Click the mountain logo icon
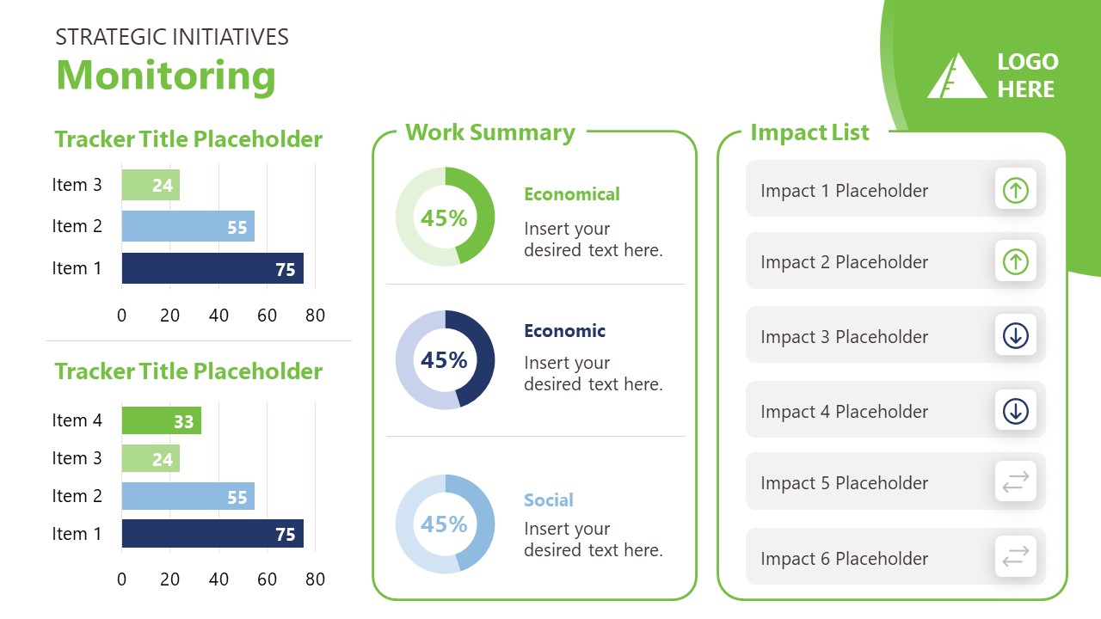[x=956, y=77]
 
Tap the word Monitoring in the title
[x=166, y=75]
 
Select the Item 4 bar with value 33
[x=161, y=421]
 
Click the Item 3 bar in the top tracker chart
[x=151, y=185]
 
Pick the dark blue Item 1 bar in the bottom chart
[x=212, y=534]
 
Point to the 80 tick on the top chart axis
[x=316, y=316]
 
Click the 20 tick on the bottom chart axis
[x=170, y=579]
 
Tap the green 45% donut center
[x=444, y=218]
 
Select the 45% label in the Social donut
[x=444, y=524]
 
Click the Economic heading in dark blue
[x=564, y=331]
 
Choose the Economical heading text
[x=571, y=194]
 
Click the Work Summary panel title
[x=490, y=132]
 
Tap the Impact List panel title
[x=809, y=132]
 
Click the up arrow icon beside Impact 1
[x=1015, y=190]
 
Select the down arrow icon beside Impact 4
[x=1015, y=411]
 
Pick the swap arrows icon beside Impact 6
[x=1015, y=558]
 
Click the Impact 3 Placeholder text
[x=844, y=337]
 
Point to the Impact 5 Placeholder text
[x=844, y=483]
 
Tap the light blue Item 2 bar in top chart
[x=188, y=227]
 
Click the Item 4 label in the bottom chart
[x=77, y=420]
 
